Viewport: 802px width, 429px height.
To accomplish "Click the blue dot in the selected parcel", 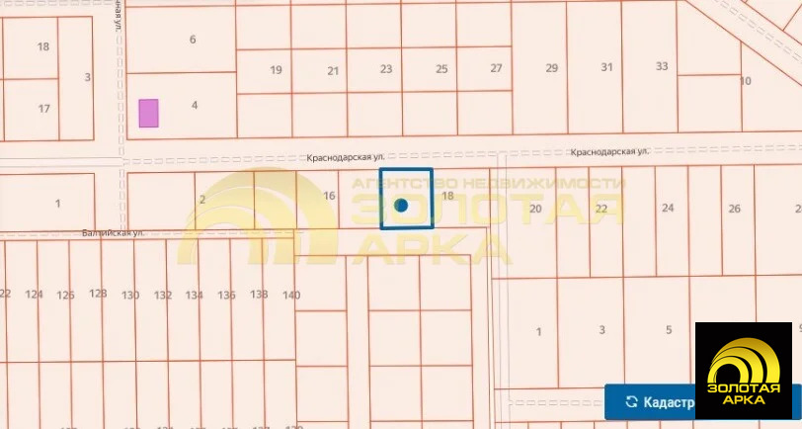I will tap(401, 206).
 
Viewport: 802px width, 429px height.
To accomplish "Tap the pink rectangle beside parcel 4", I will tap(148, 113).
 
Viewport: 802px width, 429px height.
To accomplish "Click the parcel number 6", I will tap(193, 40).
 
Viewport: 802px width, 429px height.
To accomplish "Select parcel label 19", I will tap(277, 69).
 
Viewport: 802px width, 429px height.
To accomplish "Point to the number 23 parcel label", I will tap(386, 69).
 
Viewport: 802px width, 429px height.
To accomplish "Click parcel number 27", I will tap(496, 68).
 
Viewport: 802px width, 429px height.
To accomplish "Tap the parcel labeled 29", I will tap(552, 67).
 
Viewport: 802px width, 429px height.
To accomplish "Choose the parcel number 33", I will tap(662, 66).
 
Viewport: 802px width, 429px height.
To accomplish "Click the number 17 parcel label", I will tap(43, 108).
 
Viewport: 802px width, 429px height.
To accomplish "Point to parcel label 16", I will tap(329, 196).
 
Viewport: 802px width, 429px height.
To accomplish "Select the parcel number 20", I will tap(535, 209).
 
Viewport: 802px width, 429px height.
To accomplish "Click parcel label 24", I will tap(668, 208).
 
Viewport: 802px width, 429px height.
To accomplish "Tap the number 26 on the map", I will tap(734, 208).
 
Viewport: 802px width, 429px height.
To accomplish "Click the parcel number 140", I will tap(291, 295).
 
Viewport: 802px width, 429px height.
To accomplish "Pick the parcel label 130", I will tap(129, 295).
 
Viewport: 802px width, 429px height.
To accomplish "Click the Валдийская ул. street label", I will tap(114, 233).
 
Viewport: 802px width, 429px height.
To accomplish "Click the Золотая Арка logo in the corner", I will tap(744, 370).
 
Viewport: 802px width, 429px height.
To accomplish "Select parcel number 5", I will tap(669, 330).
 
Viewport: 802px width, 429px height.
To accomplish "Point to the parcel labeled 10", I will tap(746, 80).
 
